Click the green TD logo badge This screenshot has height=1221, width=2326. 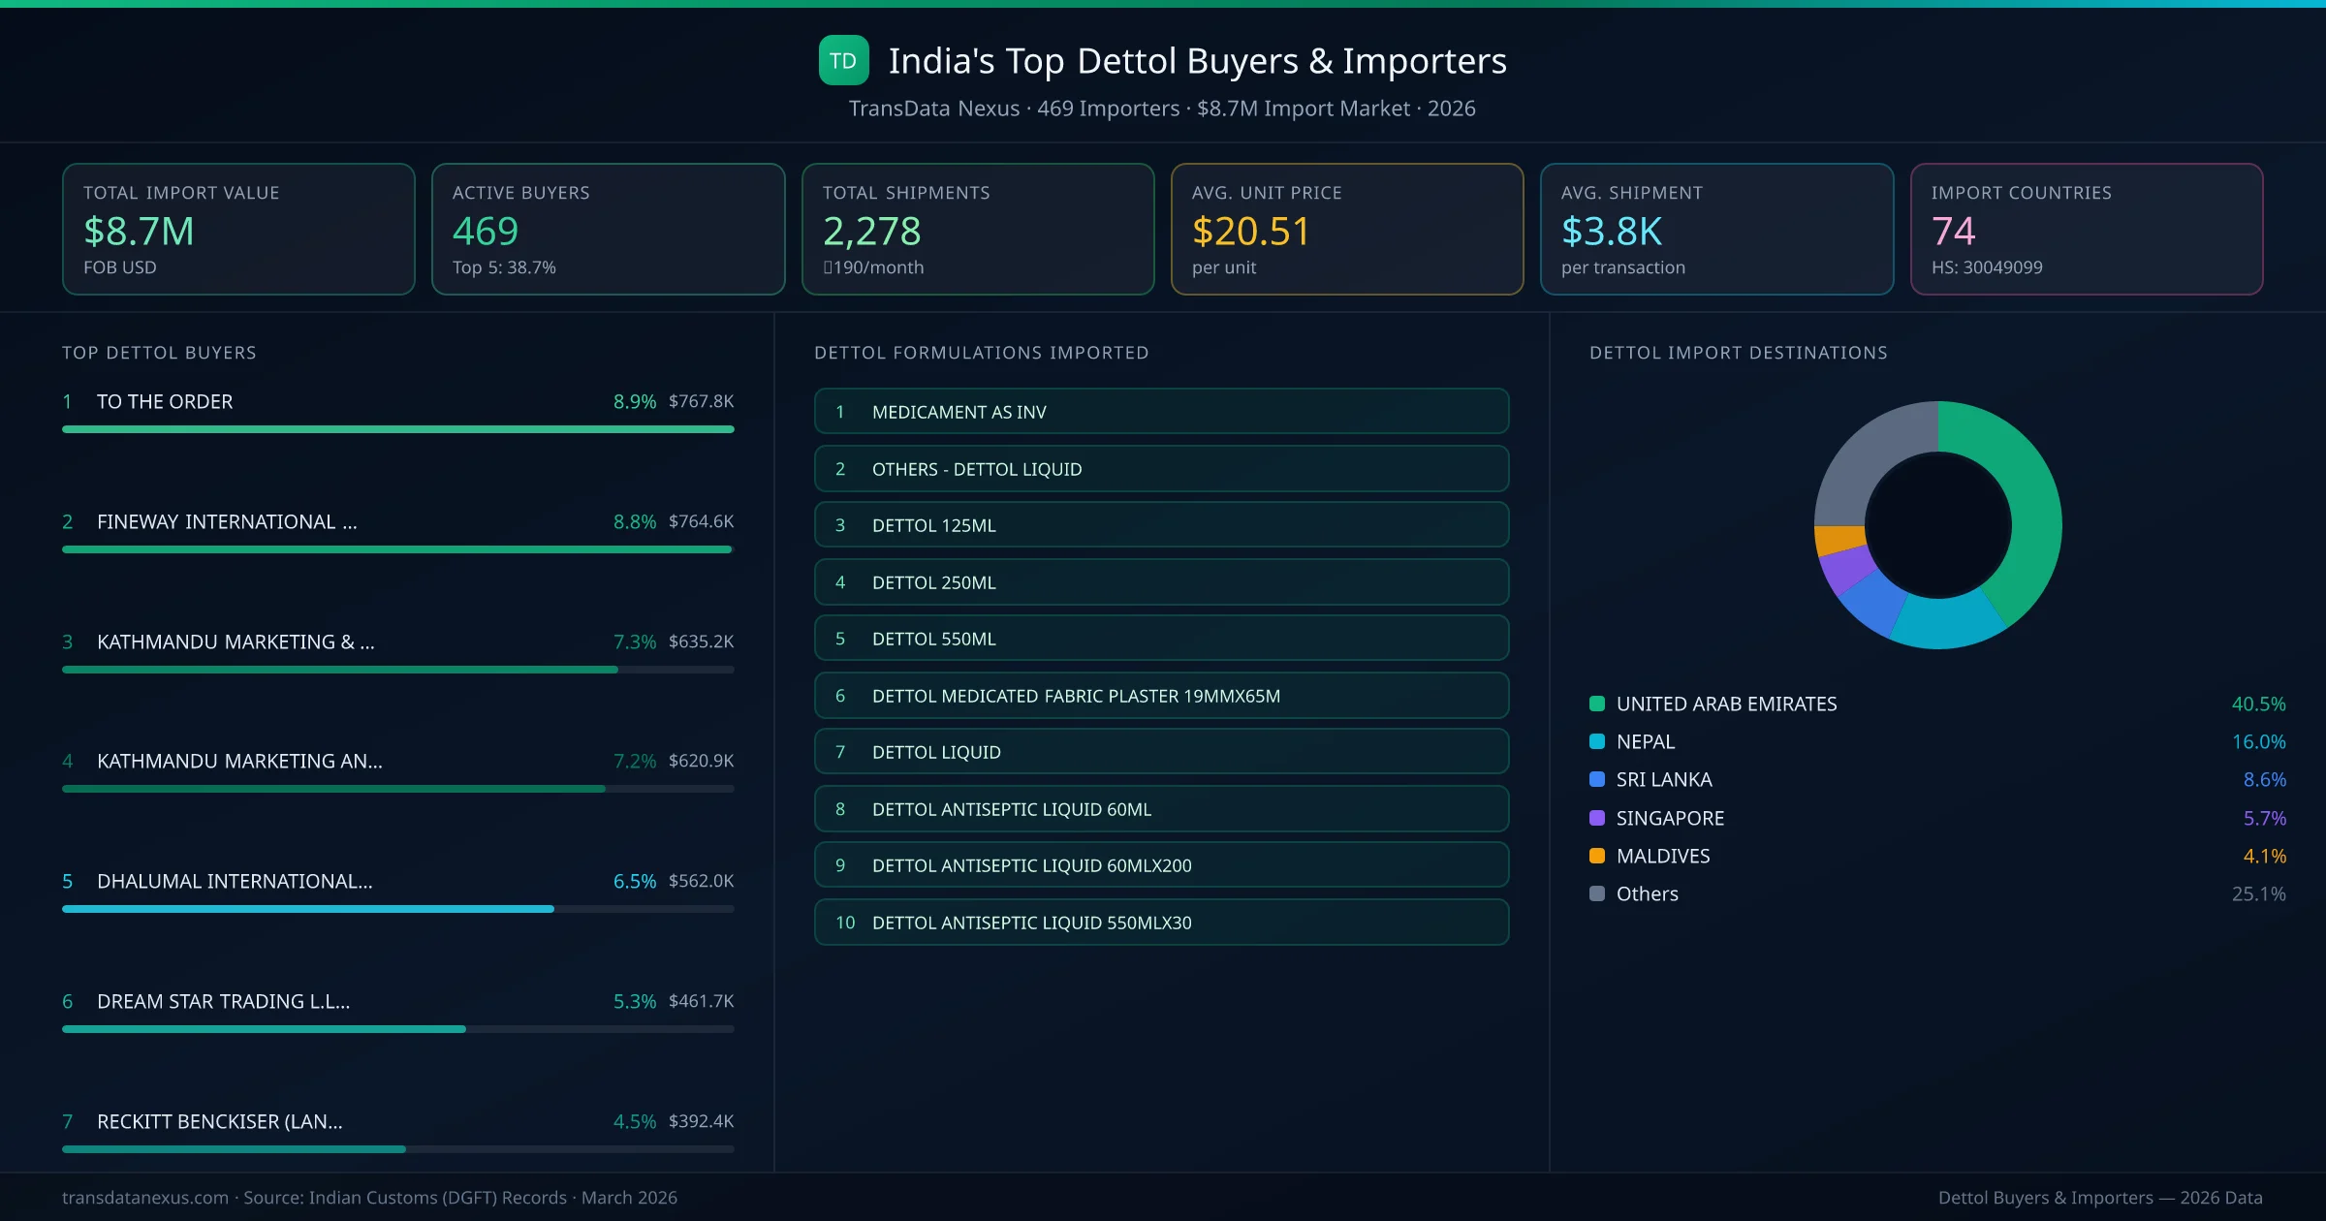click(x=843, y=61)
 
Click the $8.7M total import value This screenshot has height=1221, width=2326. click(x=139, y=231)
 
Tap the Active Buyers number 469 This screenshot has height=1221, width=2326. click(x=486, y=231)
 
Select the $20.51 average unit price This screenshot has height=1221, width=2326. click(x=1250, y=231)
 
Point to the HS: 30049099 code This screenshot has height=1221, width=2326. click(x=1986, y=267)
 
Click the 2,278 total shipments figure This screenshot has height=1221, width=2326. click(x=871, y=231)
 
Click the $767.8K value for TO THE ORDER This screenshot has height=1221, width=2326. click(x=701, y=401)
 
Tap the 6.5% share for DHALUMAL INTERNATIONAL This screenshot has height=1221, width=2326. click(x=634, y=881)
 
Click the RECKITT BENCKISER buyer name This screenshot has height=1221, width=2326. click(x=219, y=1121)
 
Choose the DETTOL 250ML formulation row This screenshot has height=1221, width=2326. click(x=1161, y=582)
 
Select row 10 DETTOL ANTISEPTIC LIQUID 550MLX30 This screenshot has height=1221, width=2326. click(x=1161, y=923)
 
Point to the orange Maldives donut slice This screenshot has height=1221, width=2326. click(x=1839, y=539)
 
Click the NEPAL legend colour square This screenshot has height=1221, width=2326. click(x=1597, y=742)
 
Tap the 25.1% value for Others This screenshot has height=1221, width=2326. click(x=2257, y=893)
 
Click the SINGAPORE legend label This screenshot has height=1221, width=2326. click(x=1670, y=818)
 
